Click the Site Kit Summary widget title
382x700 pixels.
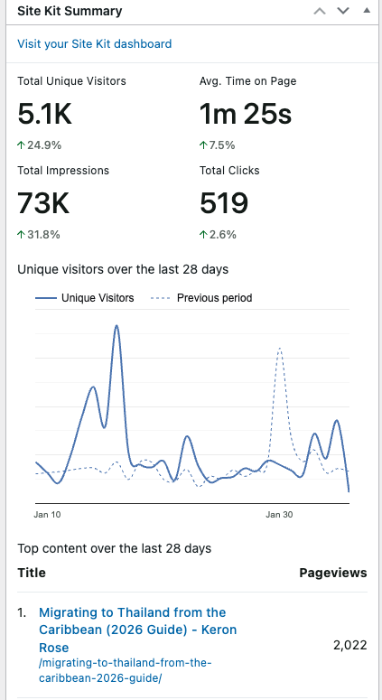point(70,12)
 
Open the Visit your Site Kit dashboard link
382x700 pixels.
point(94,43)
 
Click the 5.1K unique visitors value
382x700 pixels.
point(45,114)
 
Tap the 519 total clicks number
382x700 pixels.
point(224,202)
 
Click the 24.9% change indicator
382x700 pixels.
point(40,145)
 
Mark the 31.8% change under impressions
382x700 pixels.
point(40,234)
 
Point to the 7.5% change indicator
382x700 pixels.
point(218,145)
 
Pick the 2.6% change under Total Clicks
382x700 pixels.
point(218,234)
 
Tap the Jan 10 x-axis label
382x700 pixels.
point(48,514)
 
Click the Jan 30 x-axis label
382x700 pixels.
point(280,514)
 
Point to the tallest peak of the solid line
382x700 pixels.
point(116,327)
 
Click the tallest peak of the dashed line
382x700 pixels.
point(280,348)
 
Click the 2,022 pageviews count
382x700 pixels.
point(349,644)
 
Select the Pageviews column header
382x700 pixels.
point(332,573)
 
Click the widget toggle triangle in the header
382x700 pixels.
point(365,12)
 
